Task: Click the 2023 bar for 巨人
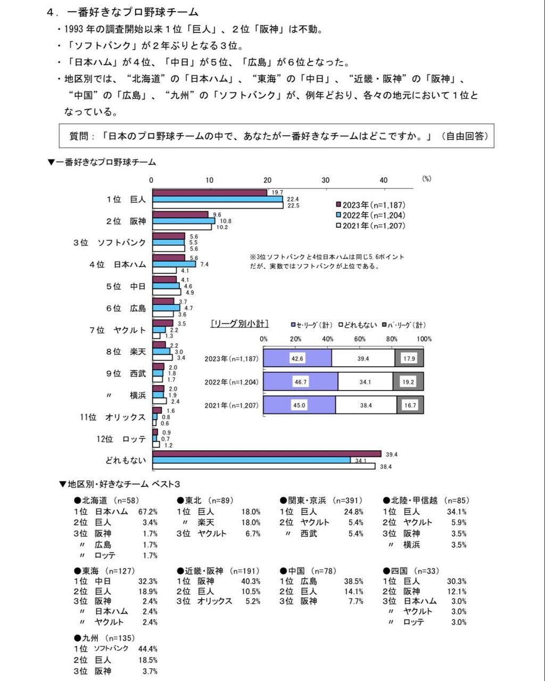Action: (x=210, y=193)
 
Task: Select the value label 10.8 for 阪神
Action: (x=226, y=221)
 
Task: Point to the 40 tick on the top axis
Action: (x=383, y=180)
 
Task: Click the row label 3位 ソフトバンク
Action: (x=110, y=243)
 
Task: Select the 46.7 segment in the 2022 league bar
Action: (x=301, y=382)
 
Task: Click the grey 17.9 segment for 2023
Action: (x=409, y=359)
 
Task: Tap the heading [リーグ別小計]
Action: (x=240, y=323)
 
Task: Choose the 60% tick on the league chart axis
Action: (x=360, y=339)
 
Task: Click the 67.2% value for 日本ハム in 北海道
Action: (x=147, y=512)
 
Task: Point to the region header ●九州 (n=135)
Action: (x=105, y=638)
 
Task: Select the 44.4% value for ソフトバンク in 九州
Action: (x=147, y=649)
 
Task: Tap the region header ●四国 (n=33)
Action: (x=411, y=571)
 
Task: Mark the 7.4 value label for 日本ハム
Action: (x=204, y=264)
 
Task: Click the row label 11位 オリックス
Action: (x=113, y=417)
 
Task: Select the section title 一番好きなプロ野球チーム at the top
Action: (x=133, y=12)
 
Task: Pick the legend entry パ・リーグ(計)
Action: (x=405, y=325)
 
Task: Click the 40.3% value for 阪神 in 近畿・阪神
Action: (x=251, y=582)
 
